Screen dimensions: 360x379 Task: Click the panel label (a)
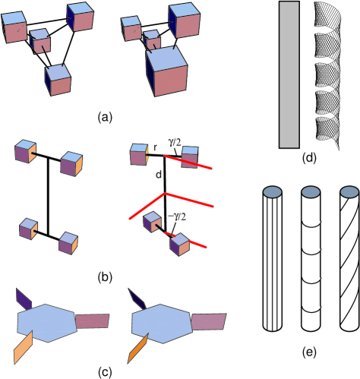tap(105, 118)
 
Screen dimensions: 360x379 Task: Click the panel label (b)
tap(105, 277)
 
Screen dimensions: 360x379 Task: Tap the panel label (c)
tap(105, 372)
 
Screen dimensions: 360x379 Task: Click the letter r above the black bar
tap(156, 147)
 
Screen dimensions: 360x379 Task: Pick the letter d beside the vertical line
tap(159, 174)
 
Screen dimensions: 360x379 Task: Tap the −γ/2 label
tap(177, 216)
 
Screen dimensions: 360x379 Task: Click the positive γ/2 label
tap(175, 143)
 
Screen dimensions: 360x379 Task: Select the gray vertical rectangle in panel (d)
tap(289, 74)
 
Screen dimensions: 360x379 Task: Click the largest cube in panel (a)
tap(167, 71)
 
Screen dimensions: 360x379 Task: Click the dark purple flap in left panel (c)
tap(24, 299)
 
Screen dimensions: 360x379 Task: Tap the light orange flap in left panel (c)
tap(23, 348)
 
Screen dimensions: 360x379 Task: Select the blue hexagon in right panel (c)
tap(162, 324)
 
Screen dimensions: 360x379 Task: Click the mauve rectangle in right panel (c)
tap(208, 322)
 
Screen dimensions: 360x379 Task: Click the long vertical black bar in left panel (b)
tap(48, 196)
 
